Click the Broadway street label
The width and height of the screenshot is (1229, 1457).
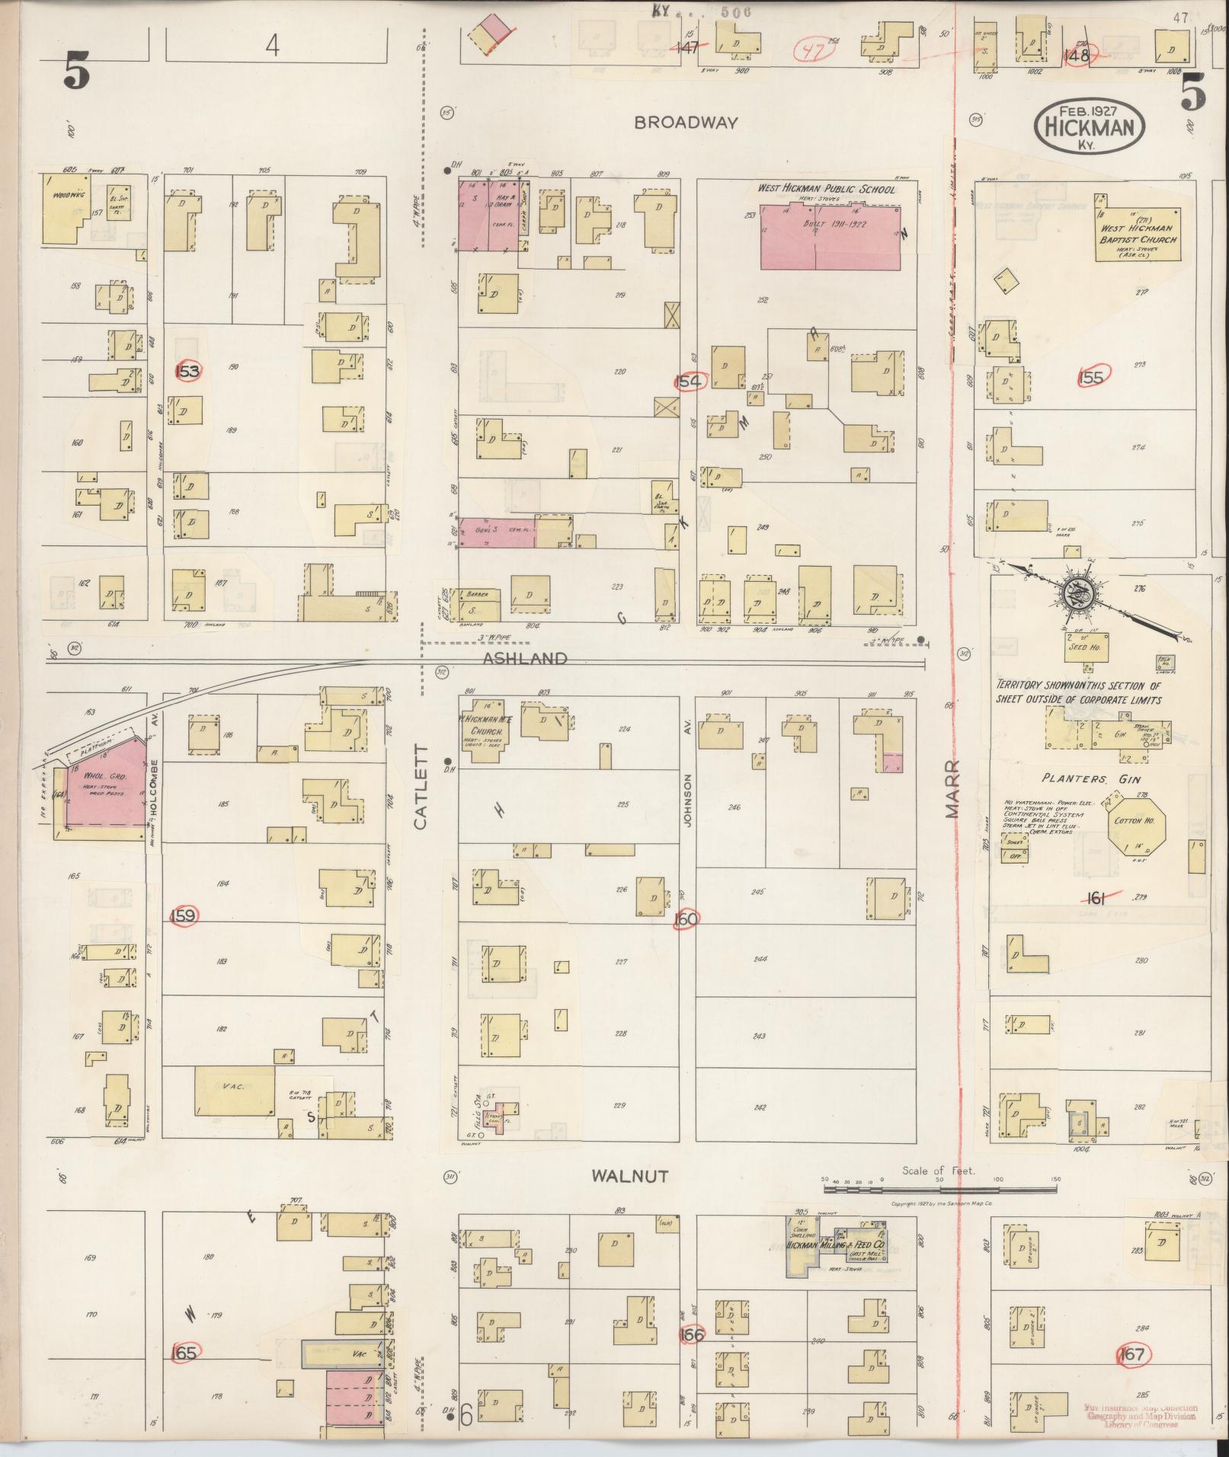coord(687,123)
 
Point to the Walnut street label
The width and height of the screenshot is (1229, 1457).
coord(630,1198)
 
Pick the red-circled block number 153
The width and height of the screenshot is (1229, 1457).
coord(187,372)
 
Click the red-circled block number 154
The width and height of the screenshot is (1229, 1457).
coord(690,381)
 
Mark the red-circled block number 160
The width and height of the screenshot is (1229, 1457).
coord(686,919)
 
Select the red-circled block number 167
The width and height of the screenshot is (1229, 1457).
coord(1132,1354)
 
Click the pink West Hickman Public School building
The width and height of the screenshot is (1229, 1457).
coord(830,236)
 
